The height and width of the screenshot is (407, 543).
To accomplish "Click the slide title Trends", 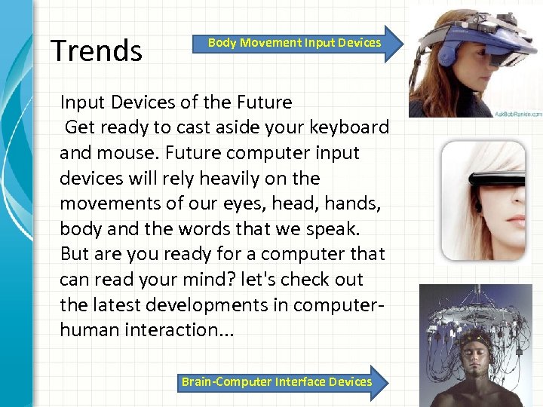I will [x=96, y=50].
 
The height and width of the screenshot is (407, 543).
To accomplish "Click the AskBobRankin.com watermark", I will [x=515, y=114].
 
